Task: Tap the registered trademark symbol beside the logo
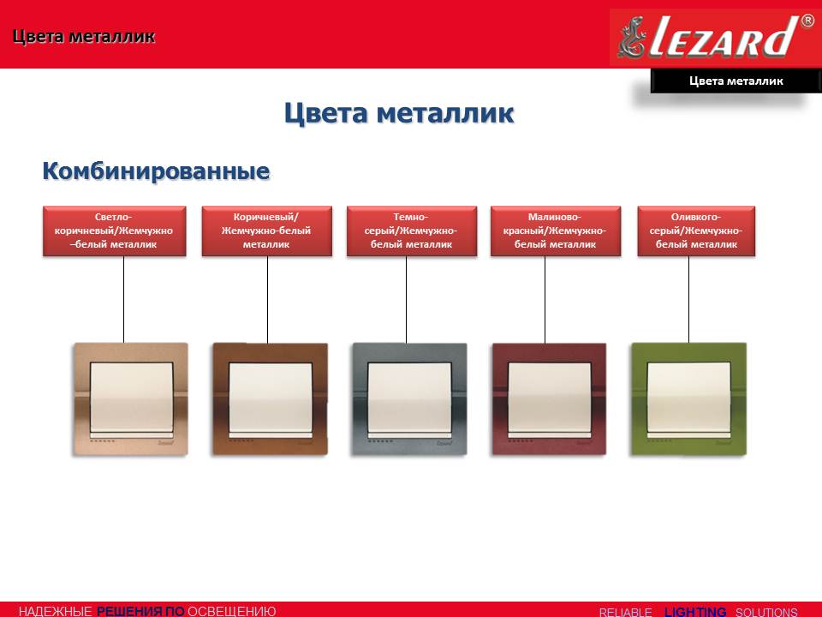coord(807,21)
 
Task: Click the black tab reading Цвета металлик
coord(736,81)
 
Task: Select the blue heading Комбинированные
coord(156,171)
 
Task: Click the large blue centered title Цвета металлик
coord(399,113)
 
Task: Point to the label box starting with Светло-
coord(114,231)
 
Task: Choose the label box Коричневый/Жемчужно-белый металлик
coord(267,231)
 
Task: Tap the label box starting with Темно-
coord(412,231)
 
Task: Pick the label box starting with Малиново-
coord(556,231)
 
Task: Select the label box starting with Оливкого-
coord(696,231)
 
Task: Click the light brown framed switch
coord(130,398)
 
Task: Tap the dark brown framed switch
coord(270,398)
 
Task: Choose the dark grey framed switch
coord(409,398)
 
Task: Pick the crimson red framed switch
coord(549,398)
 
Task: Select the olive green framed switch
coord(688,398)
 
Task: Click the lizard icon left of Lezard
coord(631,37)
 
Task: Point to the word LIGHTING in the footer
coord(695,612)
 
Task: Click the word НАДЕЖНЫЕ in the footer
coord(55,611)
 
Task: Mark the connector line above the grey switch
coord(406,300)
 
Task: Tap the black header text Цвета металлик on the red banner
coord(84,36)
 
